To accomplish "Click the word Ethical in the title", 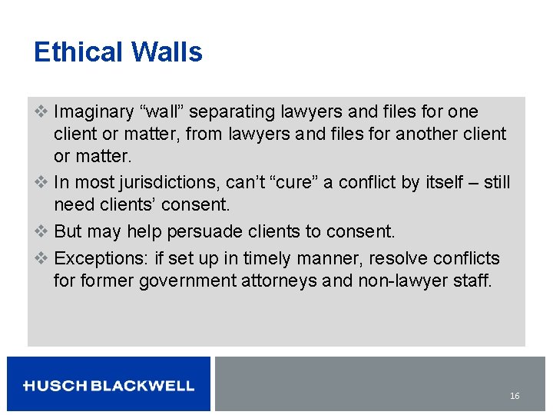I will pyautogui.click(x=79, y=52).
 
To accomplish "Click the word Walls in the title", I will pyautogui.click(x=167, y=52).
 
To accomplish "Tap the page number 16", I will pyautogui.click(x=515, y=396).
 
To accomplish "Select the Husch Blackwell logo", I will pyautogui.click(x=108, y=386).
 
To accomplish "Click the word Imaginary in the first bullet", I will pyautogui.click(x=94, y=112).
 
